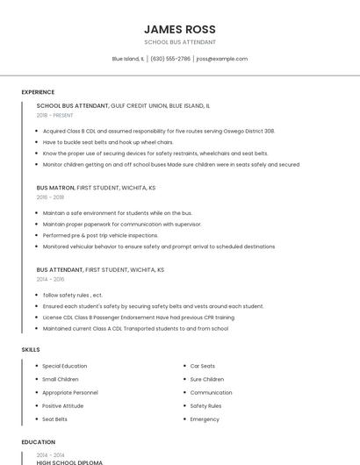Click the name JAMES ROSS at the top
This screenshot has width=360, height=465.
coord(179,28)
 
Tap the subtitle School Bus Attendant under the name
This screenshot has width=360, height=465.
coord(179,42)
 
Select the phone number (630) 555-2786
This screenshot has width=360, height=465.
coord(170,59)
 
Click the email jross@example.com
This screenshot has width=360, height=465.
coord(221,59)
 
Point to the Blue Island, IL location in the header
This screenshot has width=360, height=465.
coord(127,59)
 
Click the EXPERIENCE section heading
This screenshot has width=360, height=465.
coord(38,92)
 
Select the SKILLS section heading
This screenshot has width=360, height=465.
coord(30,350)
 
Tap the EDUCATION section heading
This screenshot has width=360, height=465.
coord(38,442)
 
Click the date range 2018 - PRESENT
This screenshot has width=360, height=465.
coord(55,115)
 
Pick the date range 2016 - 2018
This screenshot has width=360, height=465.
coord(50,197)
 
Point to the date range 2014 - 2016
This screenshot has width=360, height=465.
coord(50,279)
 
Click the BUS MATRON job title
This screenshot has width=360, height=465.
coord(55,188)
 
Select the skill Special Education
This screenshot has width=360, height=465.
coord(64,366)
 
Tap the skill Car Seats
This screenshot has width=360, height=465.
coord(202,366)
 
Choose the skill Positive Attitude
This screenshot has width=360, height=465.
coord(62,406)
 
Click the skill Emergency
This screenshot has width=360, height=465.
coord(205,419)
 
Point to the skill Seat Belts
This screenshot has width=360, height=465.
coord(54,419)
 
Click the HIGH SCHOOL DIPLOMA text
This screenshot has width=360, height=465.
coord(69,462)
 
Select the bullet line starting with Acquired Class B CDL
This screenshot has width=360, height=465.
coord(158,131)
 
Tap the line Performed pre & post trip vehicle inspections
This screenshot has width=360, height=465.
coord(100,235)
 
